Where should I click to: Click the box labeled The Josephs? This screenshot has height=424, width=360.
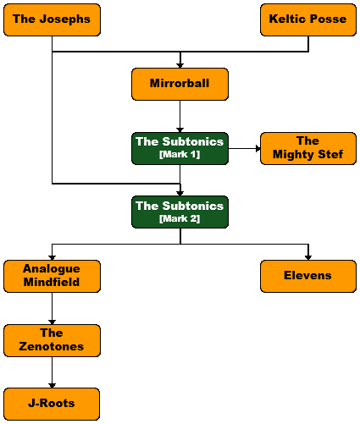[x=52, y=19]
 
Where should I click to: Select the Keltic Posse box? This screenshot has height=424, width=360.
[x=308, y=19]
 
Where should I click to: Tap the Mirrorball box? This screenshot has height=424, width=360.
[x=180, y=84]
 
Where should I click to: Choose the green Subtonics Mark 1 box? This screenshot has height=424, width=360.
[x=180, y=148]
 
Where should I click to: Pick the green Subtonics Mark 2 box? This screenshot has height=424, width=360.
[x=180, y=212]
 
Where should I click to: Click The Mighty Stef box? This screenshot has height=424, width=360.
[x=308, y=148]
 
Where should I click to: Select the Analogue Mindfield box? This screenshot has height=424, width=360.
[x=52, y=276]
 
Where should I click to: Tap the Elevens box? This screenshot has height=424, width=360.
[x=308, y=276]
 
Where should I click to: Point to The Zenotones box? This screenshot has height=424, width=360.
[x=52, y=340]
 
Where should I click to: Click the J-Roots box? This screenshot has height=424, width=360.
[x=52, y=404]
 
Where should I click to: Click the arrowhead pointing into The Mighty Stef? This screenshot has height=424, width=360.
[x=258, y=148]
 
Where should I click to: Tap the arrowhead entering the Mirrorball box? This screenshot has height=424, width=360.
[x=180, y=66]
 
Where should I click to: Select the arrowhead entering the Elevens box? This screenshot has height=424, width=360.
[x=308, y=258]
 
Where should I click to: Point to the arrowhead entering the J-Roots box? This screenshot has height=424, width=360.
[x=52, y=386]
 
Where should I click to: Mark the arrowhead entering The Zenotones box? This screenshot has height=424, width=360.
[x=52, y=322]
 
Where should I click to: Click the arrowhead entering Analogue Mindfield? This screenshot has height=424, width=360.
[x=52, y=258]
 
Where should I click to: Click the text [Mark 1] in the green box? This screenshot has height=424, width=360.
[x=180, y=154]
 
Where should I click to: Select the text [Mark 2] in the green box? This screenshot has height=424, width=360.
[x=180, y=218]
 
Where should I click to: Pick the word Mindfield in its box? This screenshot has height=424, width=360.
[x=52, y=282]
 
